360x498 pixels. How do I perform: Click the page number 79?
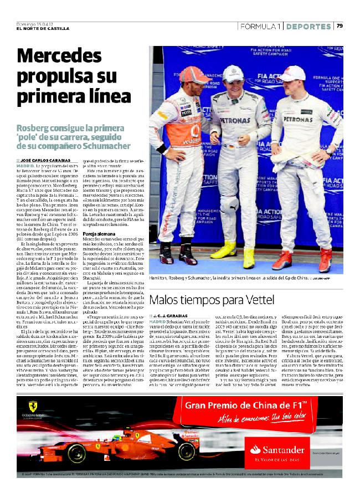[x=340, y=26]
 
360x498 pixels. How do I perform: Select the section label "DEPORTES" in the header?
[x=309, y=26]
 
